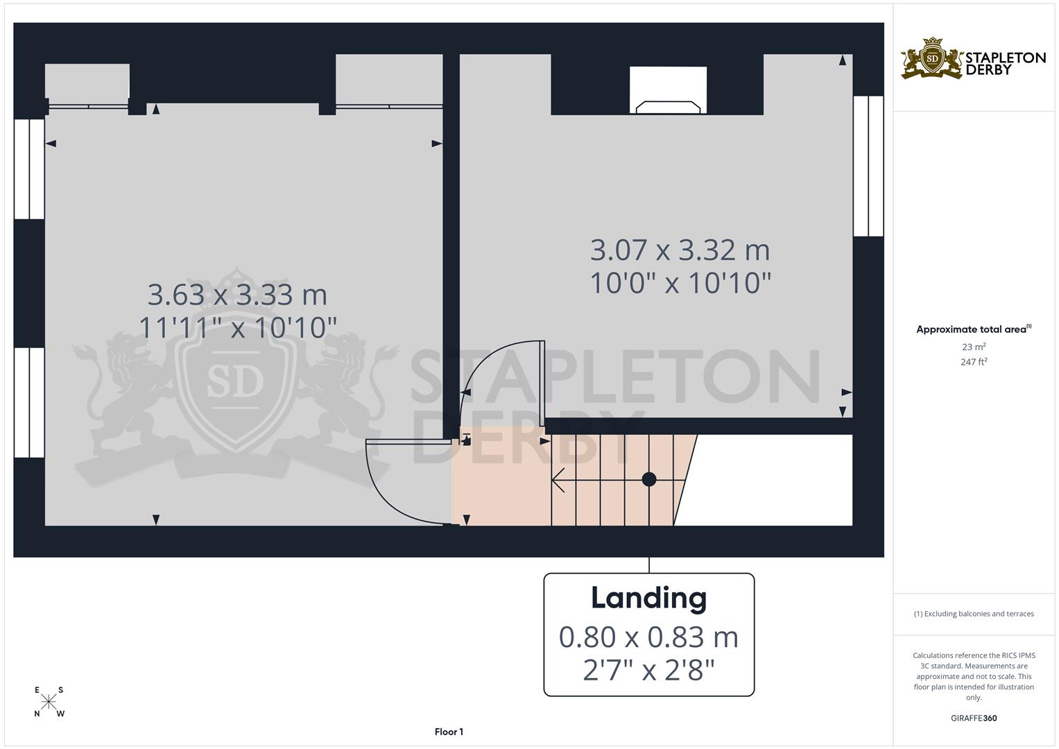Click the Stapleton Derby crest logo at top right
(x=932, y=58)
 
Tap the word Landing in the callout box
(x=648, y=599)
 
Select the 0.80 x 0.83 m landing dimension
(x=648, y=637)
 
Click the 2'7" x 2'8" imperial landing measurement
(x=648, y=670)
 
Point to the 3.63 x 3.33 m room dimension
(x=237, y=295)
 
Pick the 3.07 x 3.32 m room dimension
(x=680, y=250)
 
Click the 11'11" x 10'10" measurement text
(x=237, y=327)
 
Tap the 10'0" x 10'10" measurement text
(x=680, y=283)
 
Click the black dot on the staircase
(x=649, y=479)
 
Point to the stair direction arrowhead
(x=558, y=480)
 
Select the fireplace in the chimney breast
(x=668, y=90)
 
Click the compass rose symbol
(x=49, y=702)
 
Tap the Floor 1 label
(x=449, y=732)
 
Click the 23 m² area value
(x=974, y=347)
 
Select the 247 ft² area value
(x=974, y=362)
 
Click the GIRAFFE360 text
(x=974, y=718)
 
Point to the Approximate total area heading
(x=974, y=329)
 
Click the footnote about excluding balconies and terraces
(x=974, y=614)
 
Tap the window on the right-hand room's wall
(x=868, y=166)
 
